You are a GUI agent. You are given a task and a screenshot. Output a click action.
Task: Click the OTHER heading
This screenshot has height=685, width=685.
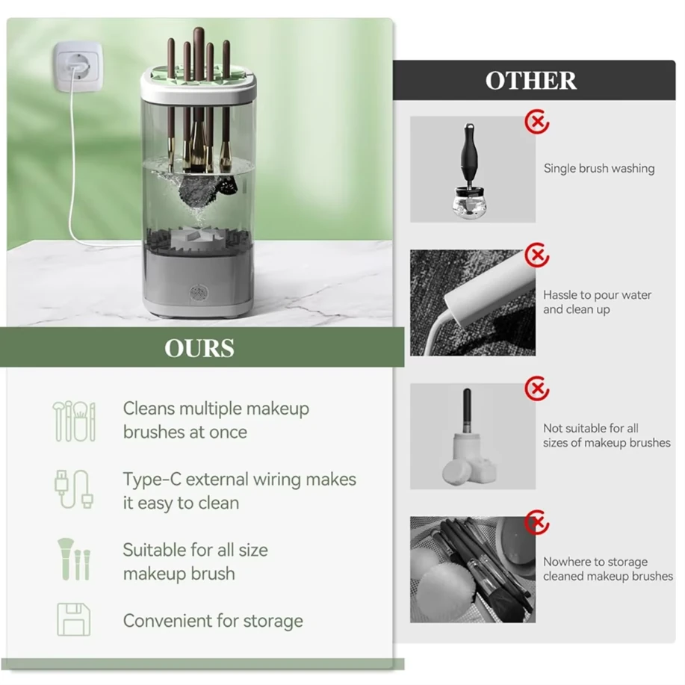click(531, 81)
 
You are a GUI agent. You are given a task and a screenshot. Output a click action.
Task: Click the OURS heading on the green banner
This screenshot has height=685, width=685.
click(199, 348)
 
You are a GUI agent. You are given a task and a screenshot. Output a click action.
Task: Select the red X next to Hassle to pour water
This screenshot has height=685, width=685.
click(536, 255)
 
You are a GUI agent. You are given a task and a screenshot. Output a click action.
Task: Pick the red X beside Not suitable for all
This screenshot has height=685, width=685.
click(536, 388)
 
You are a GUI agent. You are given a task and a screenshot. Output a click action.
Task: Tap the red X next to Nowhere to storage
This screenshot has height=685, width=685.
click(536, 522)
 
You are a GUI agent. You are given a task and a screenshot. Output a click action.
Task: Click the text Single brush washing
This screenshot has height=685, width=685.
click(598, 169)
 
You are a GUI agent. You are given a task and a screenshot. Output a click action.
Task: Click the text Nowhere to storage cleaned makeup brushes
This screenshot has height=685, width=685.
click(607, 569)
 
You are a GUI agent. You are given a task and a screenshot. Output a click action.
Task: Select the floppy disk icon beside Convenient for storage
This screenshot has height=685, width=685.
click(73, 619)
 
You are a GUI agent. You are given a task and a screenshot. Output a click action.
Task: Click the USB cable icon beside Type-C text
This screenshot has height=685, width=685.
click(73, 489)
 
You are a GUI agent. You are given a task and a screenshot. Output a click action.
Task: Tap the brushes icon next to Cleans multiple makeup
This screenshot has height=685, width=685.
click(73, 421)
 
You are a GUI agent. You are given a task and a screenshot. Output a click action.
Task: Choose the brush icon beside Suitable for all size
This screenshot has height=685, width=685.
click(73, 560)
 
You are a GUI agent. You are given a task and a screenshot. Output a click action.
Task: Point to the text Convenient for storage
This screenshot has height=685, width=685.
click(213, 621)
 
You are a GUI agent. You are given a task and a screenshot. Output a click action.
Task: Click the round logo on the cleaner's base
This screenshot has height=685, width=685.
click(198, 291)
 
